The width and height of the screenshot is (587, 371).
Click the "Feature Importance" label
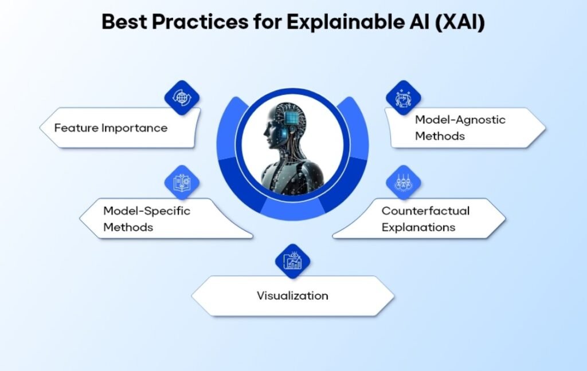click(x=111, y=128)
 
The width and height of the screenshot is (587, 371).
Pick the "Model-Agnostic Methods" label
click(x=460, y=128)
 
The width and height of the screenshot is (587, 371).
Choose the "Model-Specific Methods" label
click(x=147, y=219)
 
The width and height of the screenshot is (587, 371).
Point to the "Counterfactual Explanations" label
click(x=425, y=219)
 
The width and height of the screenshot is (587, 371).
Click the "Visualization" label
click(x=292, y=296)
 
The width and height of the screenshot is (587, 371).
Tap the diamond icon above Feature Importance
click(x=182, y=97)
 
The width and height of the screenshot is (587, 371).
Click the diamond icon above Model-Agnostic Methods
click(x=404, y=97)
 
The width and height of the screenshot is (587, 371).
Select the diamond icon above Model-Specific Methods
click(x=182, y=183)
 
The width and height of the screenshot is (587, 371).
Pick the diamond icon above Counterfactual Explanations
click(x=404, y=183)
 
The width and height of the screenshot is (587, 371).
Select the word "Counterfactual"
click(x=425, y=211)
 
